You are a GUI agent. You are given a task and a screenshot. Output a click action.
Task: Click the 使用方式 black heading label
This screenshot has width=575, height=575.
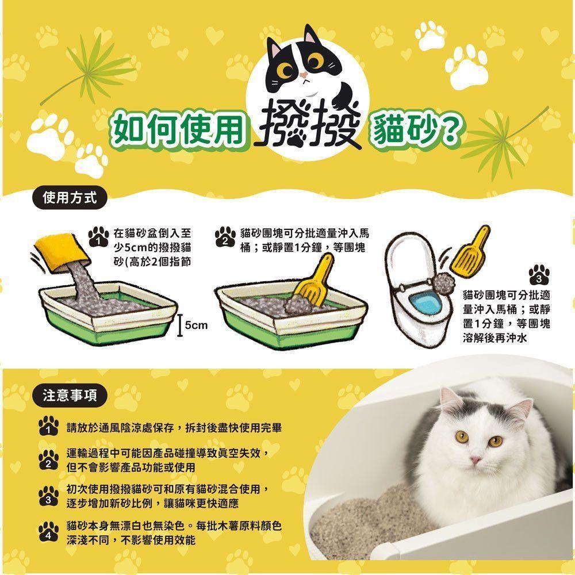[70, 198]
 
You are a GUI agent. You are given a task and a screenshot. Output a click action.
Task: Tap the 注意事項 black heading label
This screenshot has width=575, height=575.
[70, 396]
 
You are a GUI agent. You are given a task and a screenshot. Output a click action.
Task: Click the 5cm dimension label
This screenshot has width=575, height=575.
[196, 325]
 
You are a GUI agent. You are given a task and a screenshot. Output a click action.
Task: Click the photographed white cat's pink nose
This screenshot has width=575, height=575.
[476, 459]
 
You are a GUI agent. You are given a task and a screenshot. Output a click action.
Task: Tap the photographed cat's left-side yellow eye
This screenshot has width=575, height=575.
[461, 436]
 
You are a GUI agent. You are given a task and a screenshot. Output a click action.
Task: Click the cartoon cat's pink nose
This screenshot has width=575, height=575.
[303, 75]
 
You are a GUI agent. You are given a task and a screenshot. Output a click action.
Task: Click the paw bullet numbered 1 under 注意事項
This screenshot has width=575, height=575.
[48, 425]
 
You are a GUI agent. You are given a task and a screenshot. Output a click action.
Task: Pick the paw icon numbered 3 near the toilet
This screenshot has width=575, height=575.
[539, 275]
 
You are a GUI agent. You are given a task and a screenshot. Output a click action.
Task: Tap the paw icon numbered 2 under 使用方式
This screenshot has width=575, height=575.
[225, 237]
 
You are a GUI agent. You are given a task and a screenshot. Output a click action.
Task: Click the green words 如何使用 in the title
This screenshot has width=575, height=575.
[179, 129]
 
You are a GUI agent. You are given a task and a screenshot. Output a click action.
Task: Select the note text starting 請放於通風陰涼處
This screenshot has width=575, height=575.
[174, 428]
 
